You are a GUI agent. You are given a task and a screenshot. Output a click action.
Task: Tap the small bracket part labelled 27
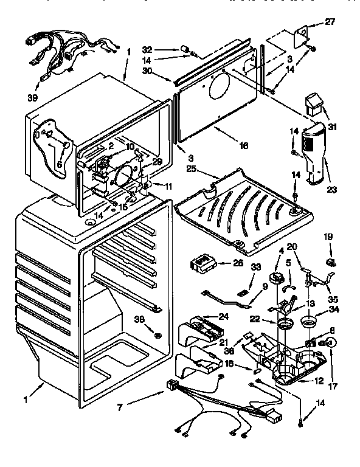302,37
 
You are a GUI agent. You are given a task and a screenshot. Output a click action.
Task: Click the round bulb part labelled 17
331,344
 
